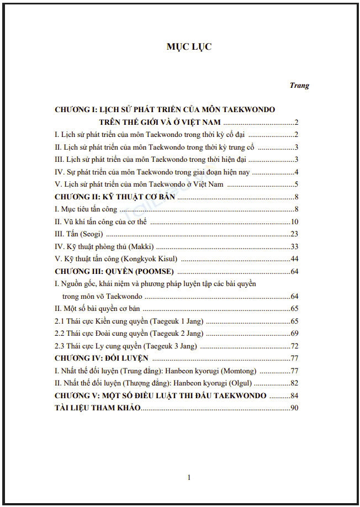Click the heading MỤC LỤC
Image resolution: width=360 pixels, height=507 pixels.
point(189,47)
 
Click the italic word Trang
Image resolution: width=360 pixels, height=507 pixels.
point(299,86)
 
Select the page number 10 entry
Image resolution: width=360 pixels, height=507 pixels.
point(294,221)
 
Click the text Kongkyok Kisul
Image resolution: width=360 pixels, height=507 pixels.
point(152,259)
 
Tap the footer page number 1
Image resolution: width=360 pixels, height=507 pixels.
point(189,478)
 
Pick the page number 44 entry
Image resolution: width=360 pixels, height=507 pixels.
point(294,259)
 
